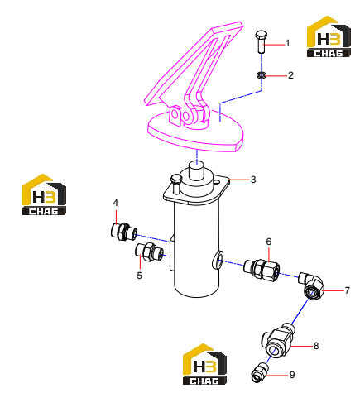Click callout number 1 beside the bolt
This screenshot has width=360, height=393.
click(x=287, y=43)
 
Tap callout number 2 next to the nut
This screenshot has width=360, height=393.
click(x=290, y=75)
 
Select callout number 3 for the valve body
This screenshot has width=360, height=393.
click(x=253, y=180)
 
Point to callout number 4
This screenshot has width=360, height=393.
click(x=116, y=203)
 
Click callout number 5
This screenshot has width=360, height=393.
click(x=140, y=276)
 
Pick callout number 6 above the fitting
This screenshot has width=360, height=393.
click(x=269, y=242)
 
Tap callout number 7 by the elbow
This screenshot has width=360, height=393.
click(x=347, y=290)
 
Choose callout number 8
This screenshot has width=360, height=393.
click(x=316, y=346)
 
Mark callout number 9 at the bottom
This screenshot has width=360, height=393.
click(x=292, y=375)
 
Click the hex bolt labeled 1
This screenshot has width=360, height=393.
click(x=262, y=41)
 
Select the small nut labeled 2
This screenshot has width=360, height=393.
click(x=261, y=74)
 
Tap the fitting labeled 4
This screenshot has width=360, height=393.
click(x=124, y=231)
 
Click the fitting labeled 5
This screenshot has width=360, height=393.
click(x=149, y=252)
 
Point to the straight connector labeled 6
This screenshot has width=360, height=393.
click(x=262, y=268)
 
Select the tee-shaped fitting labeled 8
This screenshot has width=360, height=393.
click(x=278, y=340)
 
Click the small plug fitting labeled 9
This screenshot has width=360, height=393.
click(x=260, y=373)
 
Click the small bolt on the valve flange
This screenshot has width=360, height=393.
click(x=175, y=184)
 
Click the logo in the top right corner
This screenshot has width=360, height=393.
click(x=329, y=36)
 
